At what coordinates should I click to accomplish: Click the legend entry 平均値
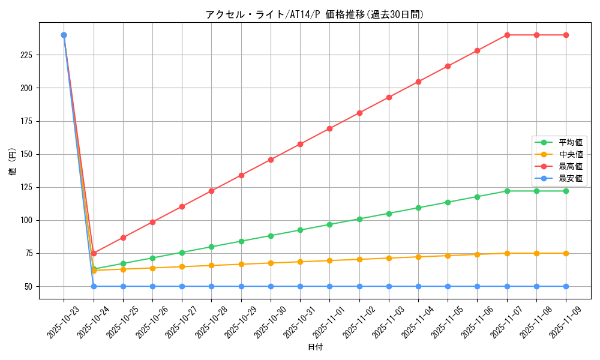click(x=570, y=142)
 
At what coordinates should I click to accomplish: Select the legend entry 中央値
click(x=570, y=154)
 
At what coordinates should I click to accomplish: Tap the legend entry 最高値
click(x=570, y=166)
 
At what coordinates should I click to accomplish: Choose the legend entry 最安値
click(x=570, y=178)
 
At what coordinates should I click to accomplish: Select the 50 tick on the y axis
click(x=30, y=286)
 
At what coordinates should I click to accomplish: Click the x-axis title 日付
click(x=315, y=347)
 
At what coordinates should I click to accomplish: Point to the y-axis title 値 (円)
click(x=12, y=161)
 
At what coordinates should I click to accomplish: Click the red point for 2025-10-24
click(x=94, y=253)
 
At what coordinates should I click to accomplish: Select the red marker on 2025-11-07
click(x=507, y=35)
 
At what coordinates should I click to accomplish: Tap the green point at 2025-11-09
click(x=566, y=191)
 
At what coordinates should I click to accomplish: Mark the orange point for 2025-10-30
click(x=271, y=263)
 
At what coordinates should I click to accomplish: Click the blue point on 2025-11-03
click(x=389, y=286)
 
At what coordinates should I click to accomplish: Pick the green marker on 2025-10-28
click(x=211, y=247)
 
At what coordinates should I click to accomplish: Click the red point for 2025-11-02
click(x=359, y=113)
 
